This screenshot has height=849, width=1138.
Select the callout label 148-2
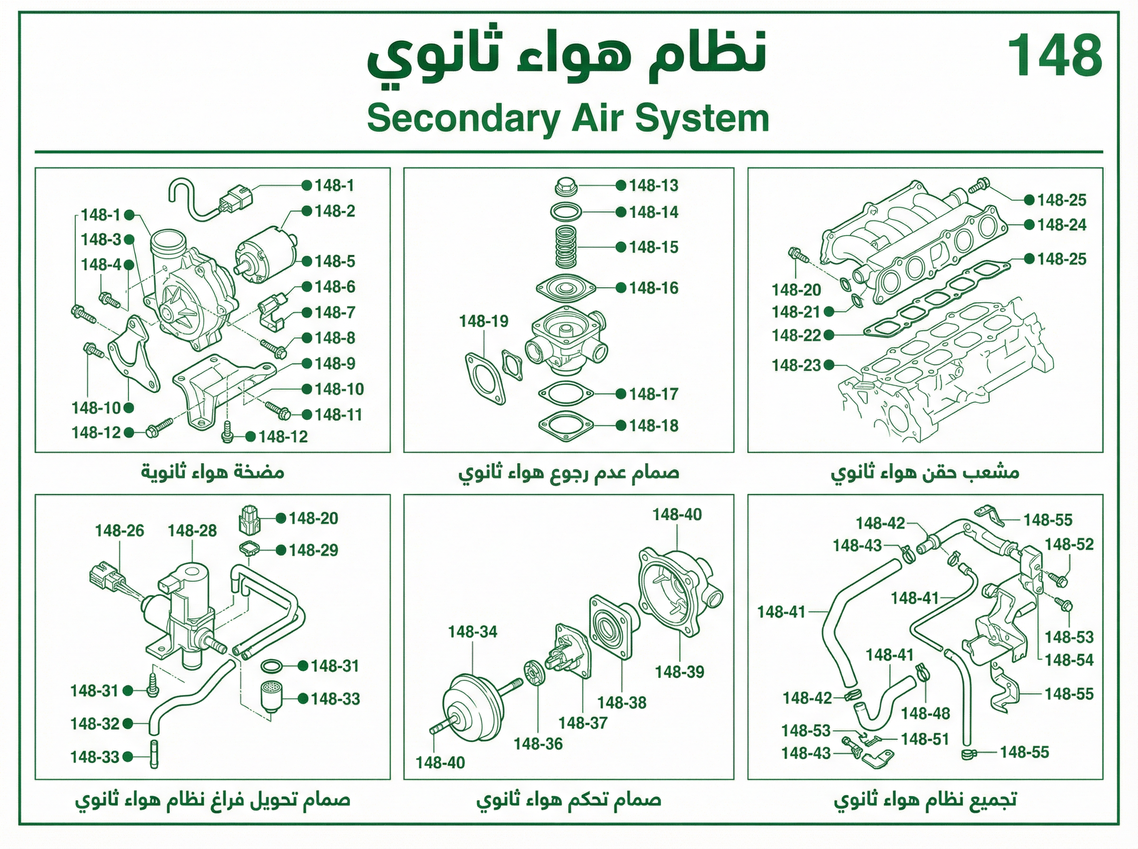click(335, 211)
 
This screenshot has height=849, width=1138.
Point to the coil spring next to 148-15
click(566, 247)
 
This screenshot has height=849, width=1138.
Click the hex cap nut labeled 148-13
click(566, 186)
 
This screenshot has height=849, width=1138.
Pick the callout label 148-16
click(653, 288)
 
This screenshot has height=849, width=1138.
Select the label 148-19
click(483, 321)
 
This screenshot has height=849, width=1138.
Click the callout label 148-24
click(1062, 225)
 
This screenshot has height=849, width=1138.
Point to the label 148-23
click(796, 365)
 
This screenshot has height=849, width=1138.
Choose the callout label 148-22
click(796, 335)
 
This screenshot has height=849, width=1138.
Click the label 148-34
click(473, 632)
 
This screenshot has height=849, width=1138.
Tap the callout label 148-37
click(583, 723)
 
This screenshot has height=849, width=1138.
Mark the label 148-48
click(926, 714)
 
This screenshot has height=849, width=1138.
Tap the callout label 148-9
click(335, 363)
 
